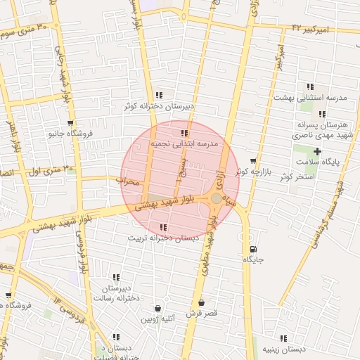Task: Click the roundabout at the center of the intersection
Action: click(x=216, y=199)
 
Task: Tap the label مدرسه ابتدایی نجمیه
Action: click(x=185, y=143)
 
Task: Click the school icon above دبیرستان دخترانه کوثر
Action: click(x=160, y=95)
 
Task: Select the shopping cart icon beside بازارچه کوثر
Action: click(x=253, y=161)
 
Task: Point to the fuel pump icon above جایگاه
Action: click(x=253, y=249)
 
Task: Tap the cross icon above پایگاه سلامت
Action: click(x=318, y=152)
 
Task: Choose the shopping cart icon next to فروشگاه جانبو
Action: click(x=70, y=122)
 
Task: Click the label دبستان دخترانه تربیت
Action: click(x=163, y=238)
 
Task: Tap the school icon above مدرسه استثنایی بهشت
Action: click(x=310, y=86)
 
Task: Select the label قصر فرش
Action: click(x=202, y=313)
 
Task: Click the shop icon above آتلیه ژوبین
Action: click(x=157, y=308)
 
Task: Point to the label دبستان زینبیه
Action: click(x=283, y=349)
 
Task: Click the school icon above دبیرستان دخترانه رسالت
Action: click(x=116, y=278)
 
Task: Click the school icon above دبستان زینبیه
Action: click(x=283, y=338)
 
